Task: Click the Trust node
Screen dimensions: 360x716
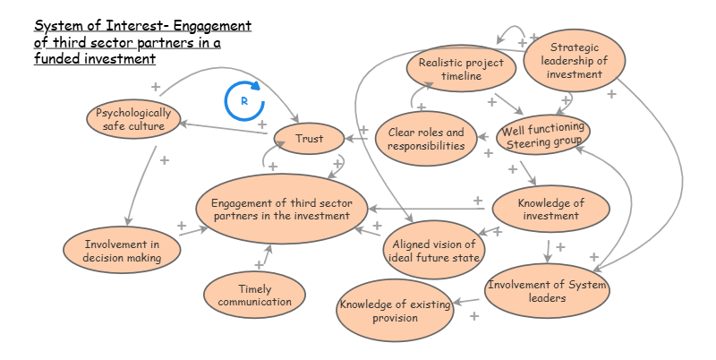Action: click(x=310, y=139)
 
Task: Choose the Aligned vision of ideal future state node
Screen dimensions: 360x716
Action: click(x=432, y=251)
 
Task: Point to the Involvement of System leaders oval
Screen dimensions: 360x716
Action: click(x=548, y=290)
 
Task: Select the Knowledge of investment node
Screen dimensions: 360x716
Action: click(x=550, y=210)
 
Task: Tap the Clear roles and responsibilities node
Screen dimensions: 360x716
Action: click(x=426, y=140)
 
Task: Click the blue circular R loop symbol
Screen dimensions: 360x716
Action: click(x=244, y=102)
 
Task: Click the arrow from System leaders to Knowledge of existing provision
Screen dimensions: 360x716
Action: click(x=469, y=302)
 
